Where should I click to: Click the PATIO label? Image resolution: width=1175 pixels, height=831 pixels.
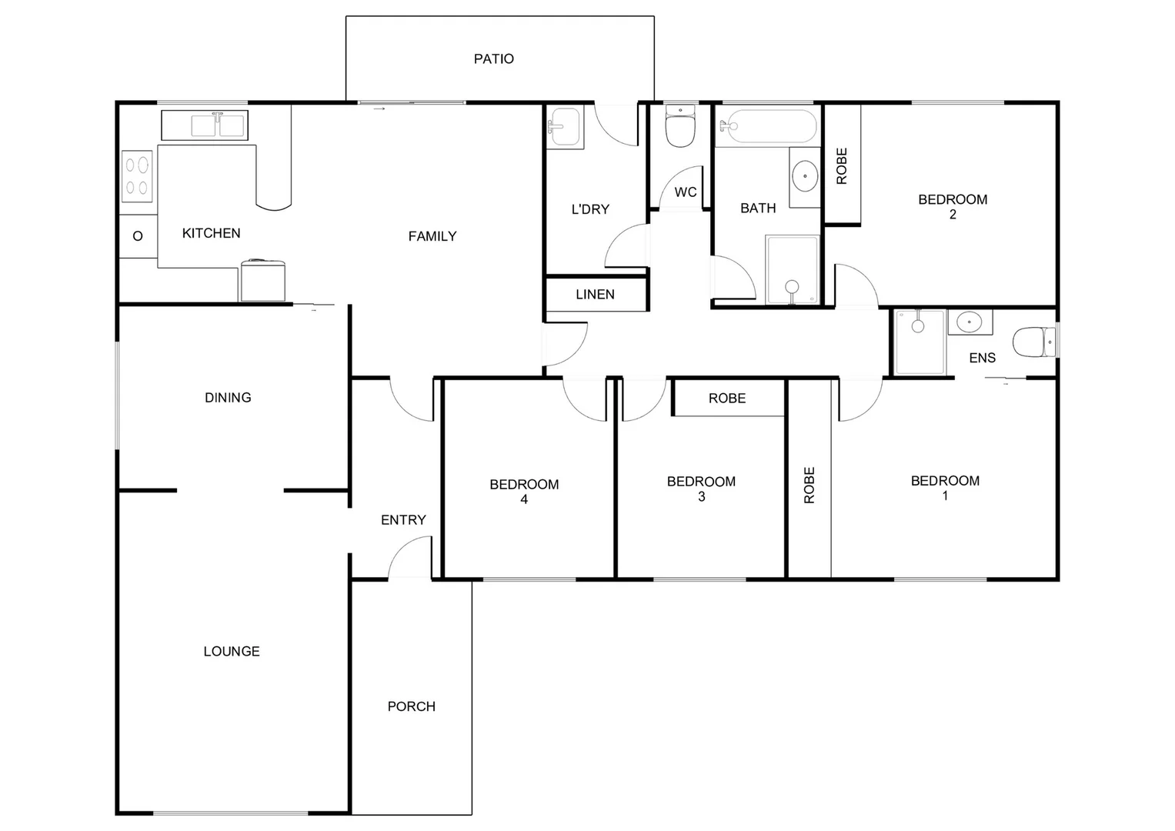pos(493,58)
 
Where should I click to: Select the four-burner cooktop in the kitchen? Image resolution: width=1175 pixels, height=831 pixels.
pos(137,175)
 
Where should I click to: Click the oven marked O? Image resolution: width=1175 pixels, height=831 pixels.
pos(138,236)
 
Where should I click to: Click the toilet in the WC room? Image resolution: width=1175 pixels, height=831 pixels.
pos(680,127)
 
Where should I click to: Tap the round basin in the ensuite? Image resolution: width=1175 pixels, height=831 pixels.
pos(969,322)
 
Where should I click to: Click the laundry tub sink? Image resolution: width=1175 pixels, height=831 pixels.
pos(564,126)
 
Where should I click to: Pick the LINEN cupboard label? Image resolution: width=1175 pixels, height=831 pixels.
pos(595,294)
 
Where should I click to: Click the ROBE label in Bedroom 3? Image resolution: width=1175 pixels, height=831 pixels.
pos(727,398)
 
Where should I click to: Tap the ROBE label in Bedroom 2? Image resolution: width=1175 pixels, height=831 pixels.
pos(841,166)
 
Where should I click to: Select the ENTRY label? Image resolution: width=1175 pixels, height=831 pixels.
pos(403,520)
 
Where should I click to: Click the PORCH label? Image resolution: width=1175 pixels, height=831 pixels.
pos(411,706)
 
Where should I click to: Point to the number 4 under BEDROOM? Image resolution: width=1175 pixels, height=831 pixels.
pos(524,499)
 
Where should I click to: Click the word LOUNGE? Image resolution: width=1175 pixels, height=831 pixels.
pos(231,651)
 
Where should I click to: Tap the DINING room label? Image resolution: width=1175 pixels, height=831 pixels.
pos(228,397)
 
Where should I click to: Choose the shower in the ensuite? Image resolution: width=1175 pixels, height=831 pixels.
pos(920,342)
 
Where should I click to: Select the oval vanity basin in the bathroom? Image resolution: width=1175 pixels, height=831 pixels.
pos(805,176)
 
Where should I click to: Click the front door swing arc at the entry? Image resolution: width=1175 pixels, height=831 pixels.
pos(408,556)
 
